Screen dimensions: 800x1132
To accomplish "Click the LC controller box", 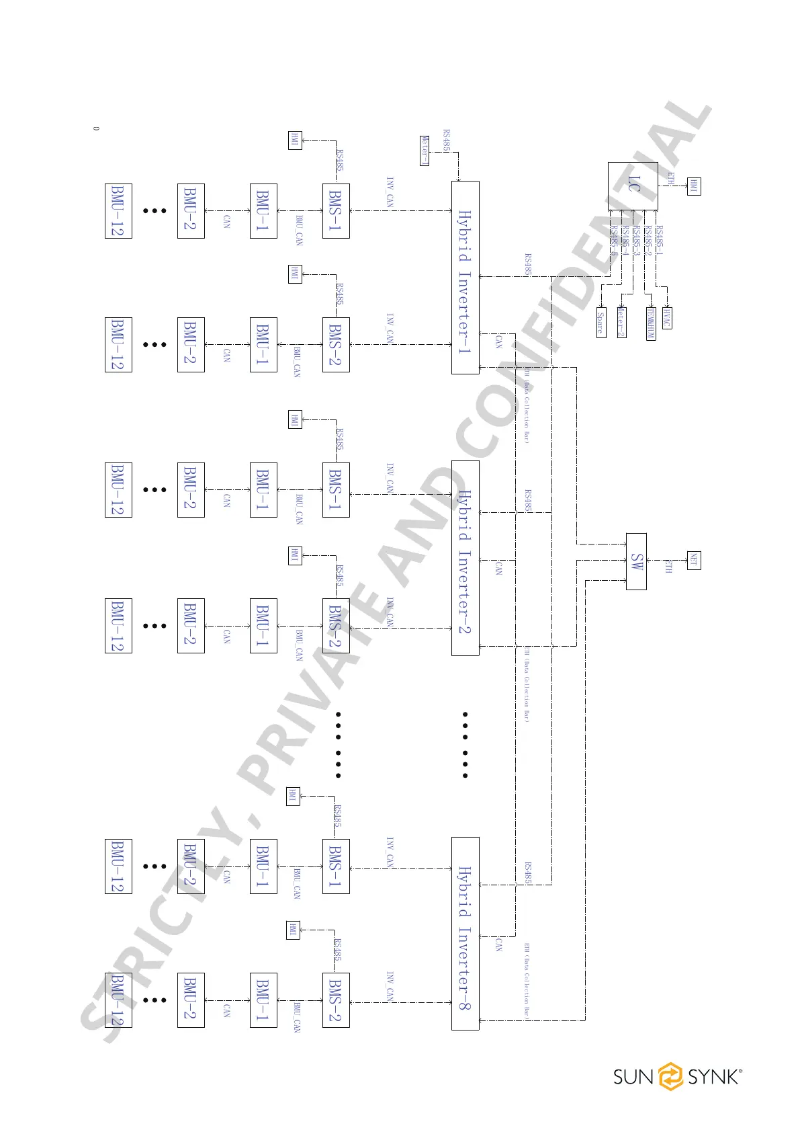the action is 633,186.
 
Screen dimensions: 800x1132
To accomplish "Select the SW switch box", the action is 636,561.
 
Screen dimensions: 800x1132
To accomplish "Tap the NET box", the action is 694,560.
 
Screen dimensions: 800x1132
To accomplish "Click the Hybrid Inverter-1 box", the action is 465,278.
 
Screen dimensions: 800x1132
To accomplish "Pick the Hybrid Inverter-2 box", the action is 465,558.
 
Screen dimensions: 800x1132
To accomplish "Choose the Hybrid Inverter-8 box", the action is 465,934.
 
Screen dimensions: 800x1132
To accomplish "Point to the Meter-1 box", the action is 424,150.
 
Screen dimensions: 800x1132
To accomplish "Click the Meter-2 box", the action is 621,322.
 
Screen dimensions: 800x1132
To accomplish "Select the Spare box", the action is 601,323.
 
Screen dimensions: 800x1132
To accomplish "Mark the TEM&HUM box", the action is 650,323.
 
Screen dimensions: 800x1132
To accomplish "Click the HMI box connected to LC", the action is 694,186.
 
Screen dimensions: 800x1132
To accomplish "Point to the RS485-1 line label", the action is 660,241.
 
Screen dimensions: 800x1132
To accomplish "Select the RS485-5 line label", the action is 613,241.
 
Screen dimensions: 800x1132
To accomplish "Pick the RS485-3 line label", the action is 636,241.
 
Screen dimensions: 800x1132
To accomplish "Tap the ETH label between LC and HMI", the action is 670,179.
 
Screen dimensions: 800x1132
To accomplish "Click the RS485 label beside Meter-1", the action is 447,141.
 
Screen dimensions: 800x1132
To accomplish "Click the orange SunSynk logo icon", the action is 670,1076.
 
